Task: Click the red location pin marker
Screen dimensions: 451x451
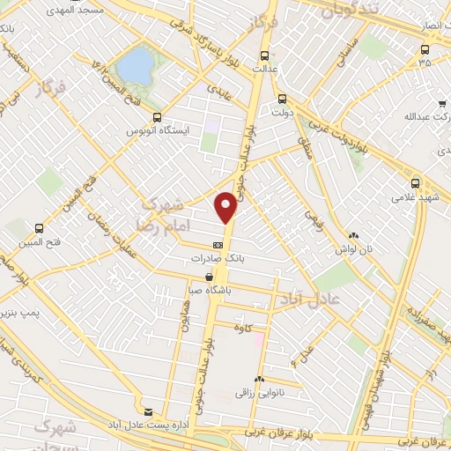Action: [226, 207]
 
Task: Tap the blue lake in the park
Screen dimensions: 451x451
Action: [135, 64]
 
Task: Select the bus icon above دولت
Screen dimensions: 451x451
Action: [282, 99]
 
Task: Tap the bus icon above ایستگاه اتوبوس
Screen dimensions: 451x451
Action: [157, 117]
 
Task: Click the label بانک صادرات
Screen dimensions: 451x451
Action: [217, 259]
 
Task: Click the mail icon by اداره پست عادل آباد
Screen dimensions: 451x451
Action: [148, 411]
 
